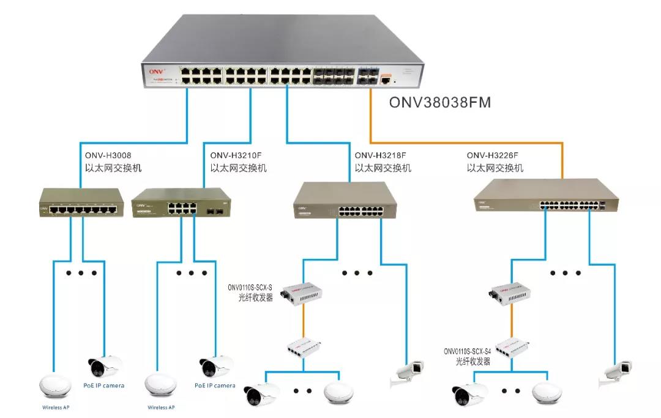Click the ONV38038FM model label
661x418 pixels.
point(440,102)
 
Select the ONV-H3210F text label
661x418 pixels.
point(233,155)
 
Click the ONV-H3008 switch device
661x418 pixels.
point(81,203)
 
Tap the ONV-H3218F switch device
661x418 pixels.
point(349,203)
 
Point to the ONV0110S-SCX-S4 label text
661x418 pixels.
point(469,353)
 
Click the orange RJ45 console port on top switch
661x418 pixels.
point(386,78)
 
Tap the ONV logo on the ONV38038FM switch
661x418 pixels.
point(156,72)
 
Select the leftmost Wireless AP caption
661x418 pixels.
point(56,407)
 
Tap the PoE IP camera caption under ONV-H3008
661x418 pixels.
point(103,386)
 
